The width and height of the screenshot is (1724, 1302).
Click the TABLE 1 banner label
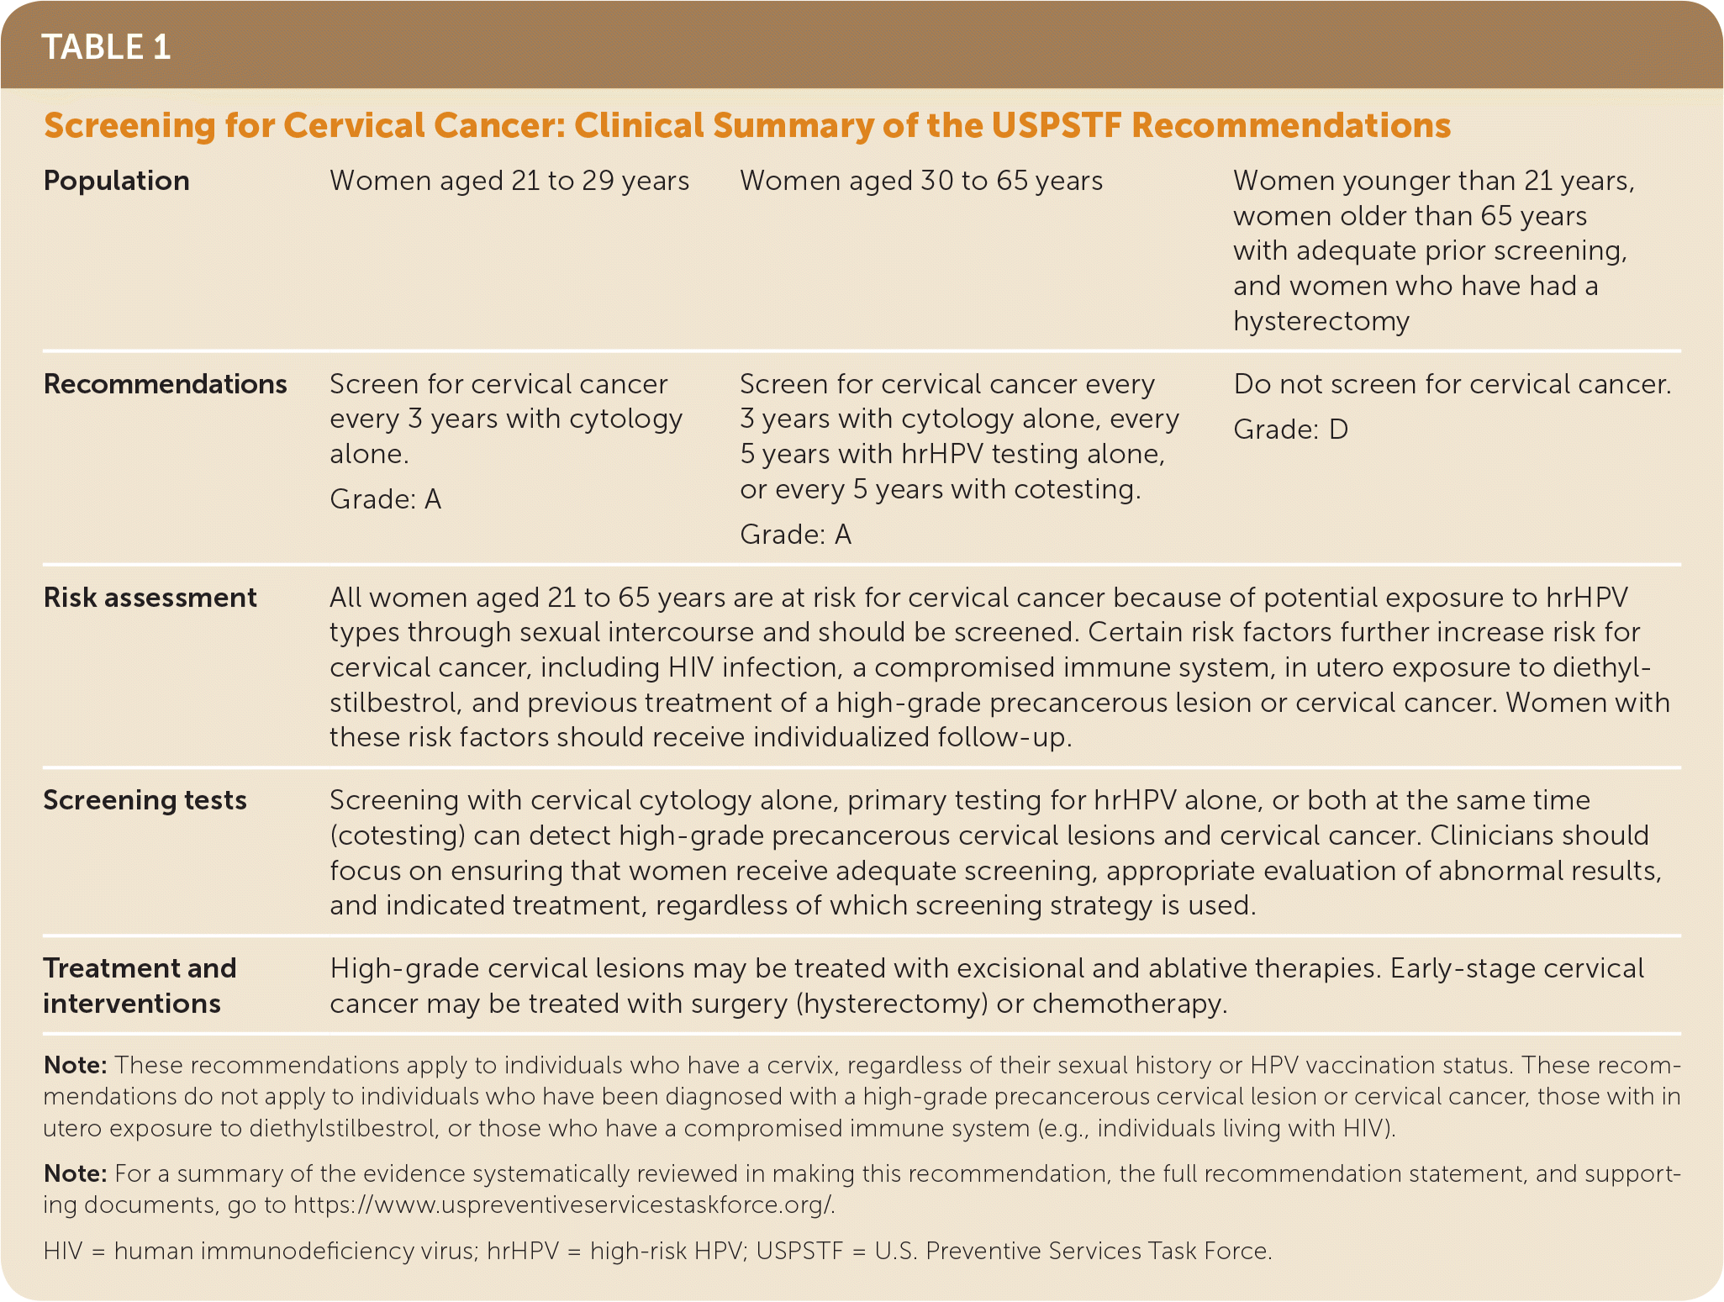click(106, 47)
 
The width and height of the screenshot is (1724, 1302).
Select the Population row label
click(116, 181)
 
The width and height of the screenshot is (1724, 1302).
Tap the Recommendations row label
click(165, 384)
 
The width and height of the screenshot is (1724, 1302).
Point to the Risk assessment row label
click(150, 598)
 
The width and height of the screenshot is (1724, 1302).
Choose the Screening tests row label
click(145, 800)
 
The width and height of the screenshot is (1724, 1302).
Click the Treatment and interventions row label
click(140, 986)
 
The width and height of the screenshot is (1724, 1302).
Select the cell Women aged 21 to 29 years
click(509, 181)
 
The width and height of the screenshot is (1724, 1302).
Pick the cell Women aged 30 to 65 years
click(921, 181)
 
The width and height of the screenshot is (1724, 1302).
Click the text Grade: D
click(1290, 430)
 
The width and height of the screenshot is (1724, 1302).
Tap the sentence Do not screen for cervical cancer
click(1452, 384)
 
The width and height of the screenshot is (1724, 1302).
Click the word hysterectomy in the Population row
click(1321, 321)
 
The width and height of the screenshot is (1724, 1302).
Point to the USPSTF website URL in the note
click(563, 1204)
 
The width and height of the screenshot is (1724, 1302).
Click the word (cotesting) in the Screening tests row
click(398, 835)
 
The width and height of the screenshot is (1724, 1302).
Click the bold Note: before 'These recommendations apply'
click(75, 1065)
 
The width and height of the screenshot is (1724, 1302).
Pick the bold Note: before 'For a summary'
click(75, 1173)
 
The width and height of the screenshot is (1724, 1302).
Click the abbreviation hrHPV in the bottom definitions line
click(522, 1251)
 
